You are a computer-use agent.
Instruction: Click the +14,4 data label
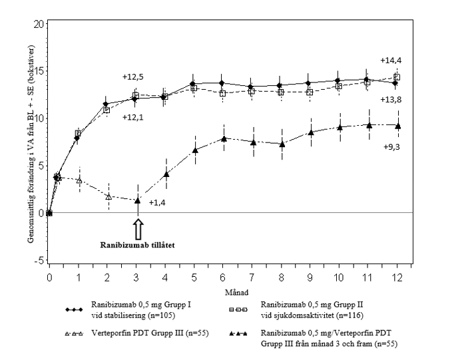click(391, 61)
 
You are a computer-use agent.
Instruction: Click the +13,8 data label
click(391, 99)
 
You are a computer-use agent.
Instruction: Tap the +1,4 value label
click(157, 202)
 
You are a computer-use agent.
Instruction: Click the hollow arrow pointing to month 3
click(138, 228)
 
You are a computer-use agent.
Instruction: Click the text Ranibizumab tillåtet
click(138, 244)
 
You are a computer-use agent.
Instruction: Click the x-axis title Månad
click(228, 291)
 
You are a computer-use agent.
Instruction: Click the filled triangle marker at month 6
click(224, 138)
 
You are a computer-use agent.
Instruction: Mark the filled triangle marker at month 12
click(397, 125)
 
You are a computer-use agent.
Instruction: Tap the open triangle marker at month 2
click(108, 196)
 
